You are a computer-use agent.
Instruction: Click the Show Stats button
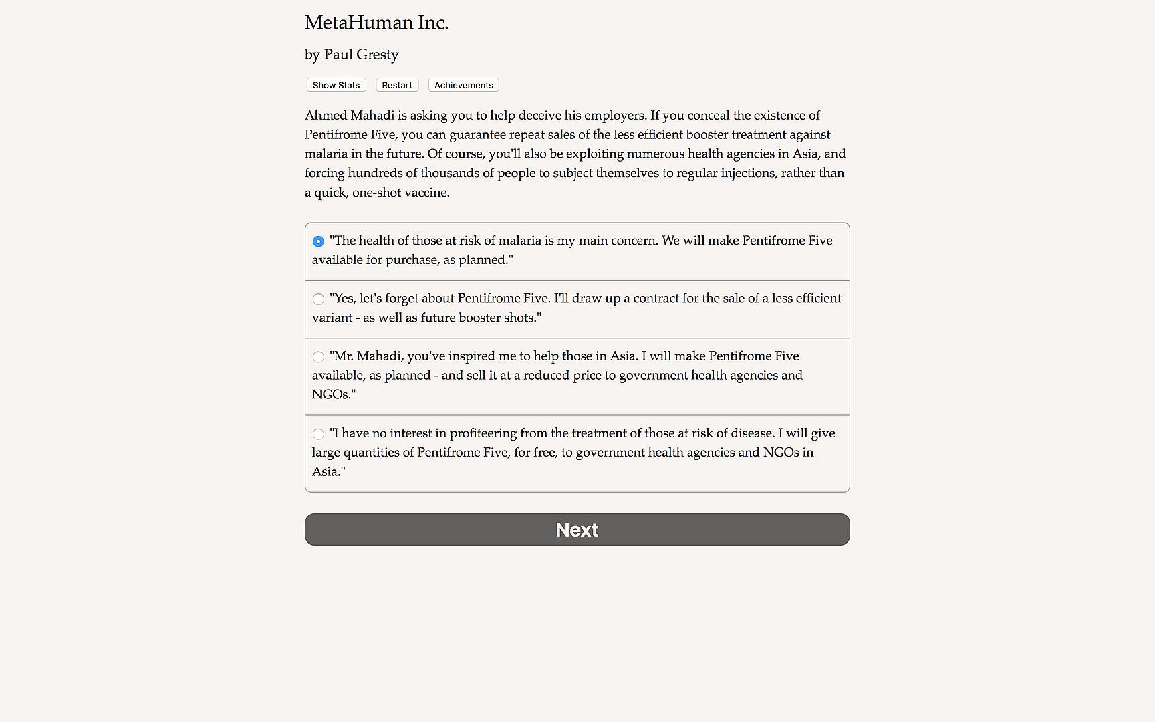click(x=336, y=85)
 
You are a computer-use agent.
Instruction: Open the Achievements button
click(x=463, y=85)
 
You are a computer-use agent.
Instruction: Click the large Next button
click(x=577, y=529)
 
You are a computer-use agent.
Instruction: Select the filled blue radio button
click(x=318, y=241)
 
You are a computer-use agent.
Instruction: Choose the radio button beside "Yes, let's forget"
click(x=318, y=299)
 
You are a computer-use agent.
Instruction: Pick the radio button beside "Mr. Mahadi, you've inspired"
click(x=318, y=357)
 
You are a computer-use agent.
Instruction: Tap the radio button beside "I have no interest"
click(x=318, y=434)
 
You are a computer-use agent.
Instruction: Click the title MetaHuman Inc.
click(x=376, y=23)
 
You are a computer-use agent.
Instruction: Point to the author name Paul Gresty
click(x=361, y=55)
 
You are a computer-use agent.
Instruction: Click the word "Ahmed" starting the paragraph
click(x=326, y=115)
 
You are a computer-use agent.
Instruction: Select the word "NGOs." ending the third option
click(x=334, y=394)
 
